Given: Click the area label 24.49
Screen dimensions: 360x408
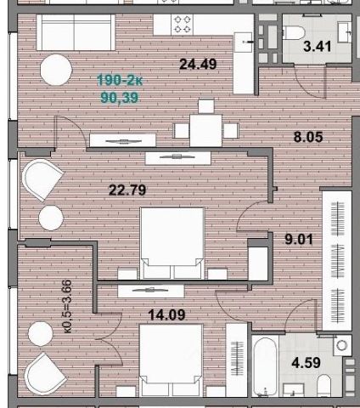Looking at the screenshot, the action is [198, 64].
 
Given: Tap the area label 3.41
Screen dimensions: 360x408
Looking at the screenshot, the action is [317, 47].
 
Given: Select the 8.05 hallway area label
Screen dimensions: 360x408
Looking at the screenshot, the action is [308, 137].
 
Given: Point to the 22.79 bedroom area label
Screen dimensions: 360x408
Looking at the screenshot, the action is [127, 190].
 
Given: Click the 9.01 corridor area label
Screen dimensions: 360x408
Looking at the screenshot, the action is [299, 240].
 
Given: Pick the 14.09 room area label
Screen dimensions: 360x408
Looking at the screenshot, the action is [166, 314].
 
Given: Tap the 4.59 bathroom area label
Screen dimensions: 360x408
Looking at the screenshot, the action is [306, 363].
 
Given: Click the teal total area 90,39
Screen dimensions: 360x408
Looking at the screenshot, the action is [120, 98].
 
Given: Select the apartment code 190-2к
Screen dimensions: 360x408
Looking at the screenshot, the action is [120, 80].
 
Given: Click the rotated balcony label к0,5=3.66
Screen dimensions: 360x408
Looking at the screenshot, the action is [67, 306].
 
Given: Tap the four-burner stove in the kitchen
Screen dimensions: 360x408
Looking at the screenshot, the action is [182, 25].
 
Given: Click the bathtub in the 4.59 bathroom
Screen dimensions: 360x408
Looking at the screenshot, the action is [265, 366].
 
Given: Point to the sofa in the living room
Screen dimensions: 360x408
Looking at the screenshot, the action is [76, 32].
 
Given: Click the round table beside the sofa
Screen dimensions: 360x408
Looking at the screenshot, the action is [56, 70].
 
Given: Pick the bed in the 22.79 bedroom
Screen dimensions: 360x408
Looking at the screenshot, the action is [172, 243].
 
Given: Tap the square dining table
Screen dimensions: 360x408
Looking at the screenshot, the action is [206, 130].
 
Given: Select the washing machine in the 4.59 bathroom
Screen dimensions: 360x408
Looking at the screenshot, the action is [342, 345].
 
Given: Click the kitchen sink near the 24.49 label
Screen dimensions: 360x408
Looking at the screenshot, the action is [244, 42].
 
